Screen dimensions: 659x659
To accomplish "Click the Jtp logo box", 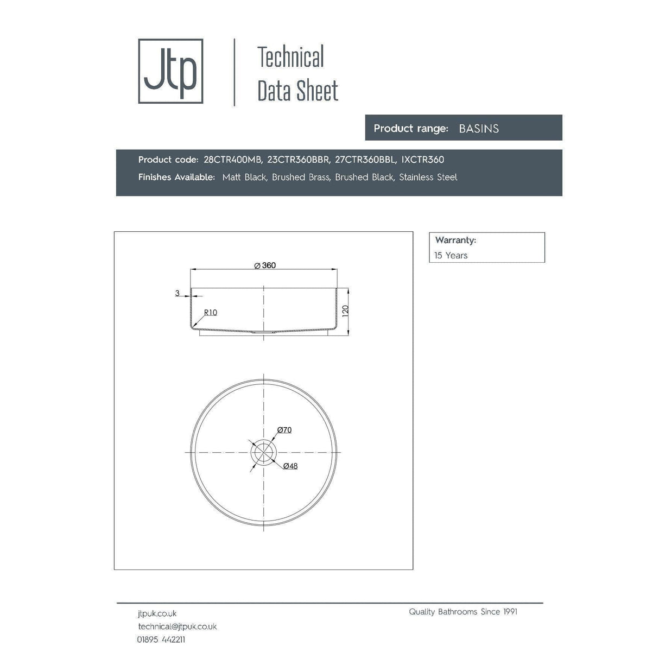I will [170, 71].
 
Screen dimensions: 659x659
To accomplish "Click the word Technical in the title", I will [290, 57].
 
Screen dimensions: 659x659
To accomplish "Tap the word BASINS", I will [479, 129].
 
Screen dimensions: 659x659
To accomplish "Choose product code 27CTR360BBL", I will [365, 160].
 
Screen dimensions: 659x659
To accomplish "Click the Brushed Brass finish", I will [301, 177].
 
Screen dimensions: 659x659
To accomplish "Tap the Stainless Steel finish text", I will [428, 177].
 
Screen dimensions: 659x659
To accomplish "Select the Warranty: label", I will [455, 240].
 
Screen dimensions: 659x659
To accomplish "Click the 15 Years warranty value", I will [451, 255].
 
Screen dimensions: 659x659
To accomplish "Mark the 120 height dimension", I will [345, 311].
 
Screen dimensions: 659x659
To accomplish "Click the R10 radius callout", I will [211, 313].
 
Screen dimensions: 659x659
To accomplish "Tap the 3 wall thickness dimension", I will [178, 293].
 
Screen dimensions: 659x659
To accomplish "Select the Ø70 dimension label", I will [284, 430].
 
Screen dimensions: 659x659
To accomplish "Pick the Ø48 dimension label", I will [290, 466].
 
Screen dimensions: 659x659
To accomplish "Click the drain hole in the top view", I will [264, 453].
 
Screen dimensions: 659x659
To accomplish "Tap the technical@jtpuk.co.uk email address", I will [177, 626].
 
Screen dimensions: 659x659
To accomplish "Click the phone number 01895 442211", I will [161, 639].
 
